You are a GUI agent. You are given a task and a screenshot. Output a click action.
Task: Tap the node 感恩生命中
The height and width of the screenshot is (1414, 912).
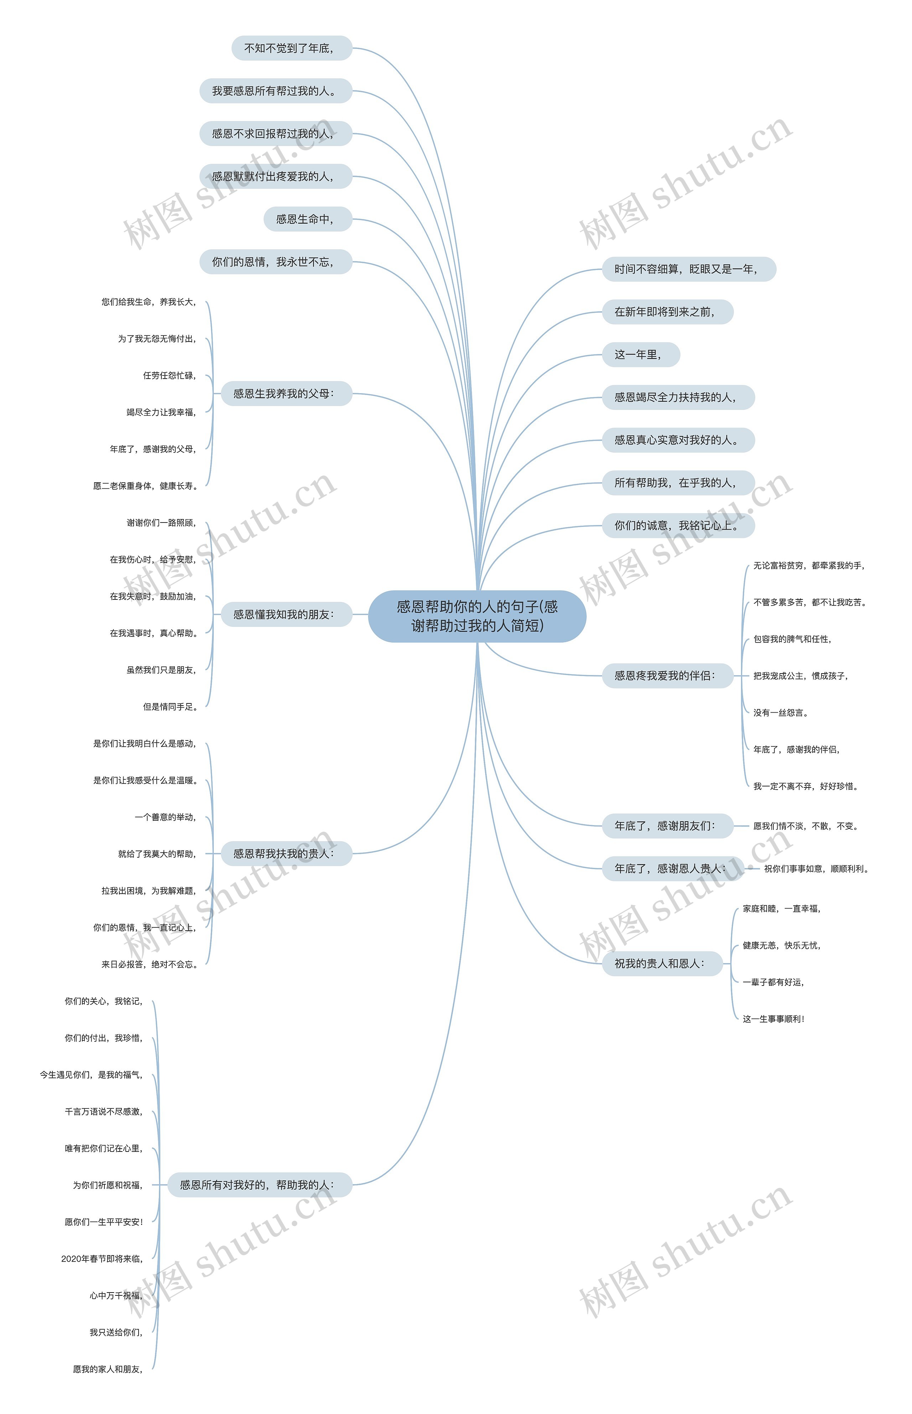307,219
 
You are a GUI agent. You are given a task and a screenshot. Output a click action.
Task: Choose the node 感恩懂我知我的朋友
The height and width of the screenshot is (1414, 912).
286,615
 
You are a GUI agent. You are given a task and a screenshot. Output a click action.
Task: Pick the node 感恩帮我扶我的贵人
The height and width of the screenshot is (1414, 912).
286,854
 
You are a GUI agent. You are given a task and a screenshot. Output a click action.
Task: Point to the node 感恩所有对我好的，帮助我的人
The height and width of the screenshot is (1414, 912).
259,1185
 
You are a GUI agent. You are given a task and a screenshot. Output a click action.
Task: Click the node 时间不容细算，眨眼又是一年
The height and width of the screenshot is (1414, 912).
688,269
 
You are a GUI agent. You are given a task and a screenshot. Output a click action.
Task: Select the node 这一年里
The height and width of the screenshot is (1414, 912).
640,355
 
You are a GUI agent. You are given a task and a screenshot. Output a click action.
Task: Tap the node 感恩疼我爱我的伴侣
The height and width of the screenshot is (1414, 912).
667,676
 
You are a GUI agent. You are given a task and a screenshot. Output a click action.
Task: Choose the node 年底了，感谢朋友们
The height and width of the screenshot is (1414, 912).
667,826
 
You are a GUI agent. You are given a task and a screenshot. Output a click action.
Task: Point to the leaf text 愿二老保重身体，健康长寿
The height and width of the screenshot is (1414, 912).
145,486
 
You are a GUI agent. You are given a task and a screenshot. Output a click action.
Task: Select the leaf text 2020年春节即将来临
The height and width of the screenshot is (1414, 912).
102,1259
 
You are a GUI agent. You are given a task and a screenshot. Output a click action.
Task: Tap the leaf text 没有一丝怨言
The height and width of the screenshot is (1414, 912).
781,713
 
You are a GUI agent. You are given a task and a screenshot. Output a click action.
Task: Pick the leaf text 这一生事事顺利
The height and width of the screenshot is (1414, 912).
773,1019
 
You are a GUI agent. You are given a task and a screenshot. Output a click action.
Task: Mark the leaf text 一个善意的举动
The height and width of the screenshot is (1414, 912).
165,817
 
